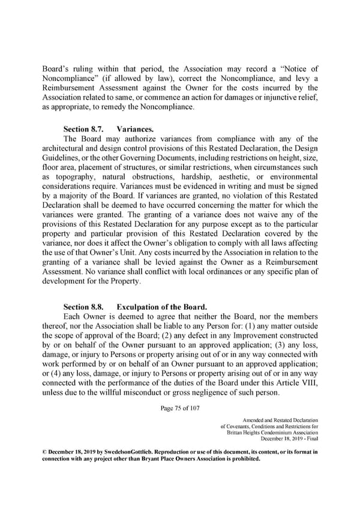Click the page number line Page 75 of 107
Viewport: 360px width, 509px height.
(x=179, y=408)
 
